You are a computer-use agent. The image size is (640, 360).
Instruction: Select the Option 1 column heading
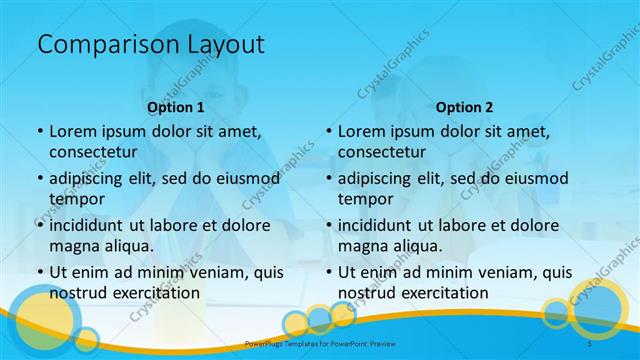pyautogui.click(x=176, y=107)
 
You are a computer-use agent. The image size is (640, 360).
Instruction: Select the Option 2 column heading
pyautogui.click(x=465, y=107)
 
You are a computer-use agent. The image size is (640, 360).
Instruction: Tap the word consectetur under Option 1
pyautogui.click(x=92, y=152)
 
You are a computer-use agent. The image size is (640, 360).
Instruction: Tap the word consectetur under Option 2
pyautogui.click(x=381, y=152)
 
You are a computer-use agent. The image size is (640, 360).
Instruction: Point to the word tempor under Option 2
pyautogui.click(x=366, y=198)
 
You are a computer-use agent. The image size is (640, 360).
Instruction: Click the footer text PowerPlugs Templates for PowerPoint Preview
pyautogui.click(x=320, y=343)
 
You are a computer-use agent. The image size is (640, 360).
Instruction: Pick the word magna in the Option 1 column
pyautogui.click(x=74, y=245)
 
